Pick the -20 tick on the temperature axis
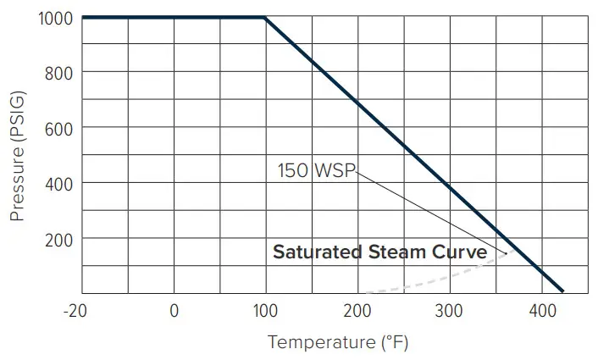pos(75,311)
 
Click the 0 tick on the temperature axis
pos(174,311)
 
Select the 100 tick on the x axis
pos(265,311)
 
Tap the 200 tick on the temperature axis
pos(357,311)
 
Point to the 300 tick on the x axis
pos(449,311)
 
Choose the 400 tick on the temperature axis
pos(541,311)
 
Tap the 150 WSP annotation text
pos(316,170)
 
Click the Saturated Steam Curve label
pos(379,252)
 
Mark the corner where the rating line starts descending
pos(265,18)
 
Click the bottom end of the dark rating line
pos(562,291)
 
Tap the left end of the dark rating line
pos(83,18)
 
